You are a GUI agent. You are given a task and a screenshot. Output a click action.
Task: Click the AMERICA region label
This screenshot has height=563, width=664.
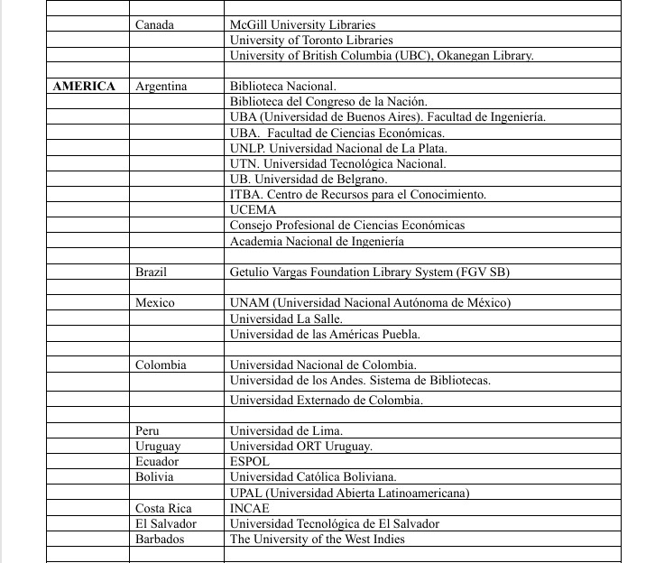tap(84, 87)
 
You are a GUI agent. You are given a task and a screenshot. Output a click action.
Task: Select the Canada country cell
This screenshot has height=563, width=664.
tap(154, 24)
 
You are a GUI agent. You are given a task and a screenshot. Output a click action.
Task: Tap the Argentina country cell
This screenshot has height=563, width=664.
tap(161, 87)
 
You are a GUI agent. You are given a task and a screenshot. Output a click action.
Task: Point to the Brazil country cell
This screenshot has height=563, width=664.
tap(151, 272)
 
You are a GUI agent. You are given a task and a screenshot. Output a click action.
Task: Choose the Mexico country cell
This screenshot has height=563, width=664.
tap(154, 303)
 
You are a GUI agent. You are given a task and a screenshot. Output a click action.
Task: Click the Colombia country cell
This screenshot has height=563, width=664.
tap(161, 365)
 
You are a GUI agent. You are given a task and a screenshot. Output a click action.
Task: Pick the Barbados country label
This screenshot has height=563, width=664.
tap(160, 540)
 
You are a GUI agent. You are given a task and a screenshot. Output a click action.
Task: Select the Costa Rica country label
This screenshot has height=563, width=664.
tap(163, 509)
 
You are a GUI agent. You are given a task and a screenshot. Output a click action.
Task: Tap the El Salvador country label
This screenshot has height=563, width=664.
tap(166, 524)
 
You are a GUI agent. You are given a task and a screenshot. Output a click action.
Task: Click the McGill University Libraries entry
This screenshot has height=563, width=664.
tap(302, 24)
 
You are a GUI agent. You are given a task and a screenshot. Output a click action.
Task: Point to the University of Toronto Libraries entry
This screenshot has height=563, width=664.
tap(311, 40)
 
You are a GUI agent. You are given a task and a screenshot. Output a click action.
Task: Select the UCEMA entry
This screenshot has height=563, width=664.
tap(254, 210)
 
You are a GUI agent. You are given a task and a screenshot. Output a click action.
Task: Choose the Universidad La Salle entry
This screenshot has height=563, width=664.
tap(286, 318)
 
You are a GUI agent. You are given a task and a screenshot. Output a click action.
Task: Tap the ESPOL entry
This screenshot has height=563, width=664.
tap(250, 462)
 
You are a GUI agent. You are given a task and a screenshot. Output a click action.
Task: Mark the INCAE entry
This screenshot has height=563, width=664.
tap(250, 509)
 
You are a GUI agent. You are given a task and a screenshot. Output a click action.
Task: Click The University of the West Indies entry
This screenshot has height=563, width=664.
tap(318, 540)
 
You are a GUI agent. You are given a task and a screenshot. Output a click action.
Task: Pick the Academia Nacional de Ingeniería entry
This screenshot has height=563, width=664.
tap(317, 241)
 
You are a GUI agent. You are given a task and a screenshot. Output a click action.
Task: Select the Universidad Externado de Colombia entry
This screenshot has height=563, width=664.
tap(327, 400)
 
